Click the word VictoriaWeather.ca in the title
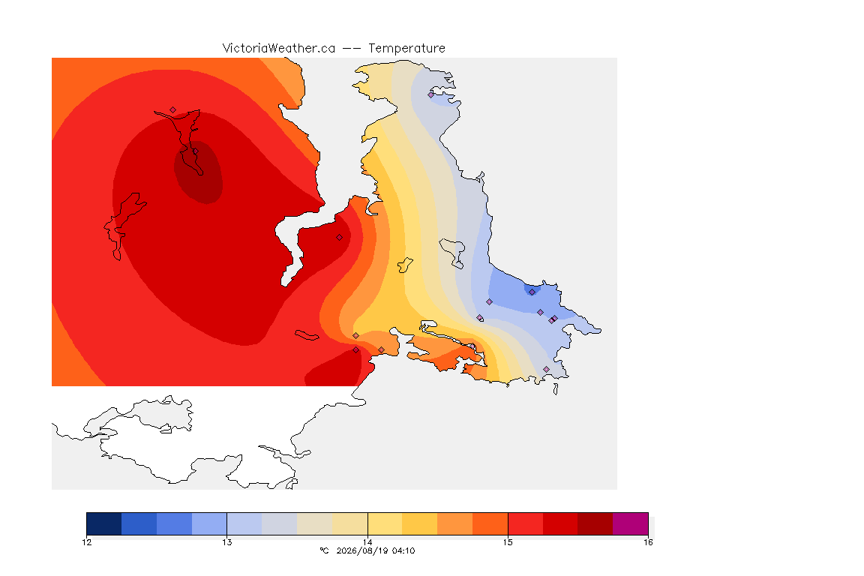coord(279,49)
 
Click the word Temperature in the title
coord(406,49)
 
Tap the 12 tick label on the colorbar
coord(87,542)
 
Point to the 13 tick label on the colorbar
coord(227,542)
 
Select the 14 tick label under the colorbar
coord(367,542)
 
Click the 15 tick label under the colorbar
coord(508,542)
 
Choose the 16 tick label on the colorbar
coord(648,542)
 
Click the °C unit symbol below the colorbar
coord(324,550)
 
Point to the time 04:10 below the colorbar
coord(403,550)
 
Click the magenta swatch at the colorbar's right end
coord(630,523)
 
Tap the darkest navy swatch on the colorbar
coord(104,523)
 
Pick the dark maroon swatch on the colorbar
coord(595,523)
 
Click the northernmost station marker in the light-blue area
coord(431,94)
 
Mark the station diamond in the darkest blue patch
coord(532,292)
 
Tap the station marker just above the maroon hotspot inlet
coord(173,110)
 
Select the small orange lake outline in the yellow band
coord(405,265)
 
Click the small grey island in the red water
coord(307,335)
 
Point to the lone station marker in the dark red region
coord(340,238)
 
